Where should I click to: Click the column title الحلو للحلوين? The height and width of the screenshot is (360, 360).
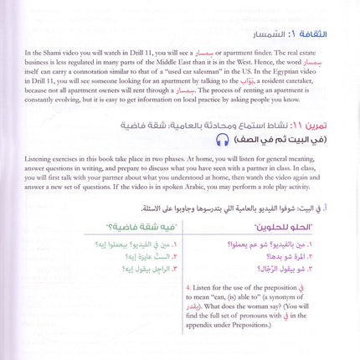click(x=291, y=228)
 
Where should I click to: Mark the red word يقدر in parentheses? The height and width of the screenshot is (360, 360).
click(x=194, y=318)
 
